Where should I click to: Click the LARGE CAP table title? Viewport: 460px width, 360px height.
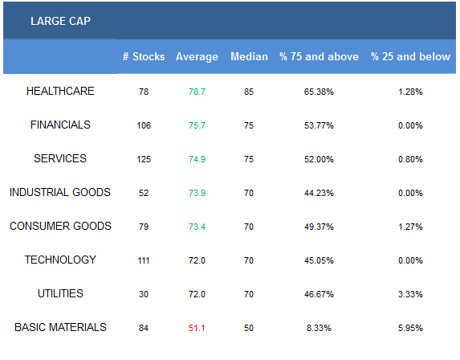(60, 21)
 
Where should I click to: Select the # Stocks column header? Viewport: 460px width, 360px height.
(144, 56)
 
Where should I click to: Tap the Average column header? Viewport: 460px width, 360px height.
(197, 57)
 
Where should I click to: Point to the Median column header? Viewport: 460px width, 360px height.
(249, 56)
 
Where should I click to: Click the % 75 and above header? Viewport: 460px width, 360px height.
(319, 56)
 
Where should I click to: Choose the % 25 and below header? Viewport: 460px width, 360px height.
(410, 56)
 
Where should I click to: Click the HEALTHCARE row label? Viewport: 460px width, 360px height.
(60, 91)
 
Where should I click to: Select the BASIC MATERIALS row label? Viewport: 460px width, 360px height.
(60, 327)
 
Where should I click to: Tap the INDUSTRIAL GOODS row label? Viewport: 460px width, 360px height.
(60, 192)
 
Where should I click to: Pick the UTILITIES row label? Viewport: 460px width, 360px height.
(60, 293)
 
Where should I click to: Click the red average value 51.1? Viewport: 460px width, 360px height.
(197, 328)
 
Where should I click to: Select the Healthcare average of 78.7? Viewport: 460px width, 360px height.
(197, 92)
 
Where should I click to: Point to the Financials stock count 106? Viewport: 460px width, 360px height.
(144, 125)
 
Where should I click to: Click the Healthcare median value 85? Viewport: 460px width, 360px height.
(249, 92)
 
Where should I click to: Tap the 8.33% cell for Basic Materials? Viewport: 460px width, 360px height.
(319, 328)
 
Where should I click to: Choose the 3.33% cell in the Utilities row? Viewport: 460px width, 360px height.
(410, 294)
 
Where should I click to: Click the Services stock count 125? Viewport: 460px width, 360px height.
(144, 159)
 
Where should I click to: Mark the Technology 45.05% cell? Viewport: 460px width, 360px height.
(319, 260)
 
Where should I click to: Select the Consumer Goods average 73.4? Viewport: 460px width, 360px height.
(197, 227)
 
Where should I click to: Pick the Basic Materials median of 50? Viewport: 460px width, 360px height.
(249, 328)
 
